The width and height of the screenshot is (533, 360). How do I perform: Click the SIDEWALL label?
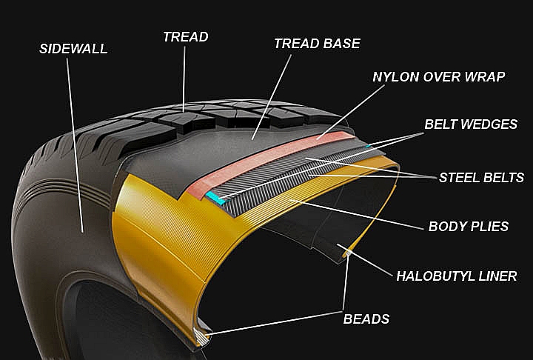73,49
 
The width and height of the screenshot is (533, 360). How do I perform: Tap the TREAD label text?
186,37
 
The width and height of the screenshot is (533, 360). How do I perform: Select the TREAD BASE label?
317,44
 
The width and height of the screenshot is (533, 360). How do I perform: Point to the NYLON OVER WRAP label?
438,77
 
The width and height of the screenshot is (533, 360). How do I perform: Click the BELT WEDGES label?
471,124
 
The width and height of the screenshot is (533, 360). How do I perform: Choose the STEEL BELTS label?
481,178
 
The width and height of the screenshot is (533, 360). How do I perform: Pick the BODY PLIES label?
469,227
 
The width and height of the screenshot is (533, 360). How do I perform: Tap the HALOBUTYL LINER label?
457,276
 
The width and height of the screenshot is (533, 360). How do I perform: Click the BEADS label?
366,319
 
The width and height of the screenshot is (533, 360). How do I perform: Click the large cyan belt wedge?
215,198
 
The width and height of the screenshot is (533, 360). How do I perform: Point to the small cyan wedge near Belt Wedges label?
367,146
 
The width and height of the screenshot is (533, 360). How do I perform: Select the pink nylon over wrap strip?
269,164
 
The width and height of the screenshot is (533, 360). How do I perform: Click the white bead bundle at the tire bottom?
201,336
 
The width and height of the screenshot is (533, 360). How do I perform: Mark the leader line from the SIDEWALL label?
75,145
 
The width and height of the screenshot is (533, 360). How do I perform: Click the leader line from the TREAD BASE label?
272,97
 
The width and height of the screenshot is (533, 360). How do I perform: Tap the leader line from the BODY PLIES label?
357,214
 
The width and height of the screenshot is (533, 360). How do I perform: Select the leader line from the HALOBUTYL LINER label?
365,260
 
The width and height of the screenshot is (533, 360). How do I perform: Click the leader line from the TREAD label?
184,79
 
